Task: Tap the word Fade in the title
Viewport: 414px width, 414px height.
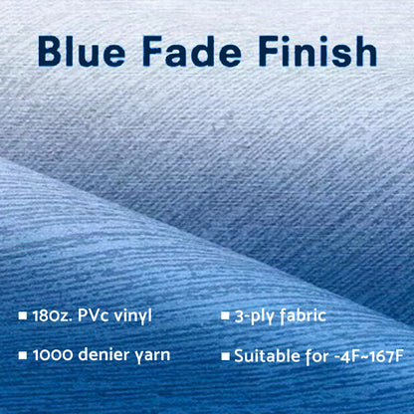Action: click(x=202, y=52)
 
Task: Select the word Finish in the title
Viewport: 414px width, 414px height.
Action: click(x=318, y=52)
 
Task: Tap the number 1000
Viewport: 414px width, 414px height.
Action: click(x=54, y=355)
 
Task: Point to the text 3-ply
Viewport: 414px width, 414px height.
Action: click(x=257, y=316)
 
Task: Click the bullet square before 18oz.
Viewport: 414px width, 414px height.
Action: click(x=23, y=317)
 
